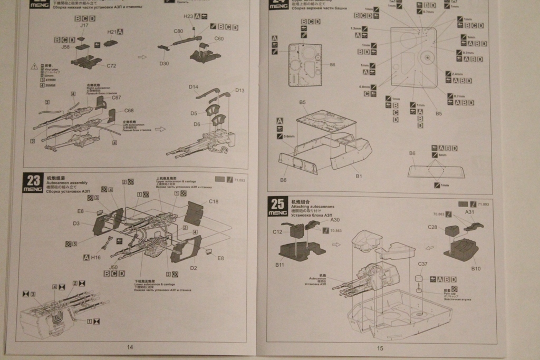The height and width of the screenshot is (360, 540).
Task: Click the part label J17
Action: pos(84,25)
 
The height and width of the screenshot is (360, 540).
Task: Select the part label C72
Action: pos(111,66)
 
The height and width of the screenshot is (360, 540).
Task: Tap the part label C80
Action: pos(178,31)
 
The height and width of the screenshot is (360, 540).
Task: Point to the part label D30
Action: pos(164,64)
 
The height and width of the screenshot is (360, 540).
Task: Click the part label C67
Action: pos(117,98)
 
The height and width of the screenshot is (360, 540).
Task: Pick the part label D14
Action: pos(194,86)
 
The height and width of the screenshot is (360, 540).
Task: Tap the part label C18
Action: pos(214,202)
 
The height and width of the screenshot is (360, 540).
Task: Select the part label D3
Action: pos(76,223)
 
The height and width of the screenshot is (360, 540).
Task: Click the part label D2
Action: pos(194,268)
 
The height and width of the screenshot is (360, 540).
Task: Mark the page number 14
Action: pos(130,347)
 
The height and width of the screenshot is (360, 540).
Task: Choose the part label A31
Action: pos(470,212)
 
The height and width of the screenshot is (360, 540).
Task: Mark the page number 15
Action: pos(380,347)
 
